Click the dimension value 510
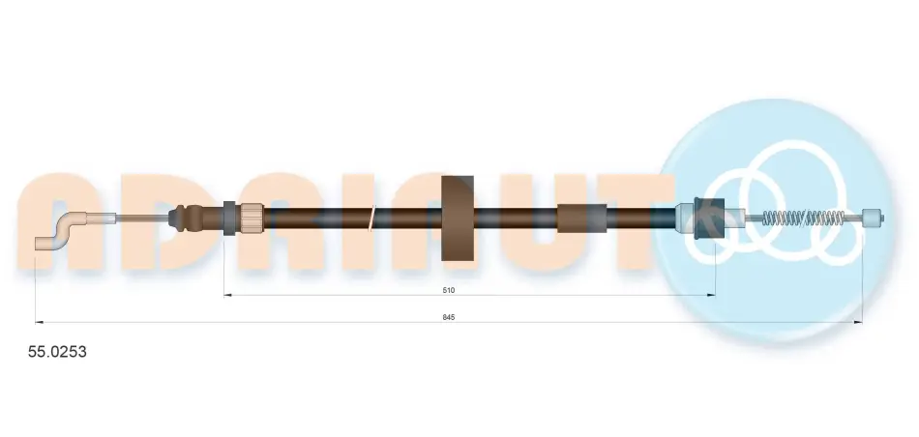click(x=449, y=290)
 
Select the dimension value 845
click(x=449, y=317)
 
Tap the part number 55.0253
click(x=57, y=352)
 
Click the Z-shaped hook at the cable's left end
click(x=61, y=232)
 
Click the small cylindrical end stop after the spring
click(x=873, y=218)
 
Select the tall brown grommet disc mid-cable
click(x=458, y=218)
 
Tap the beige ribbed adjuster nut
click(x=252, y=218)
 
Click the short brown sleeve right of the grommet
click(x=580, y=218)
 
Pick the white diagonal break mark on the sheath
click(x=371, y=218)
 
